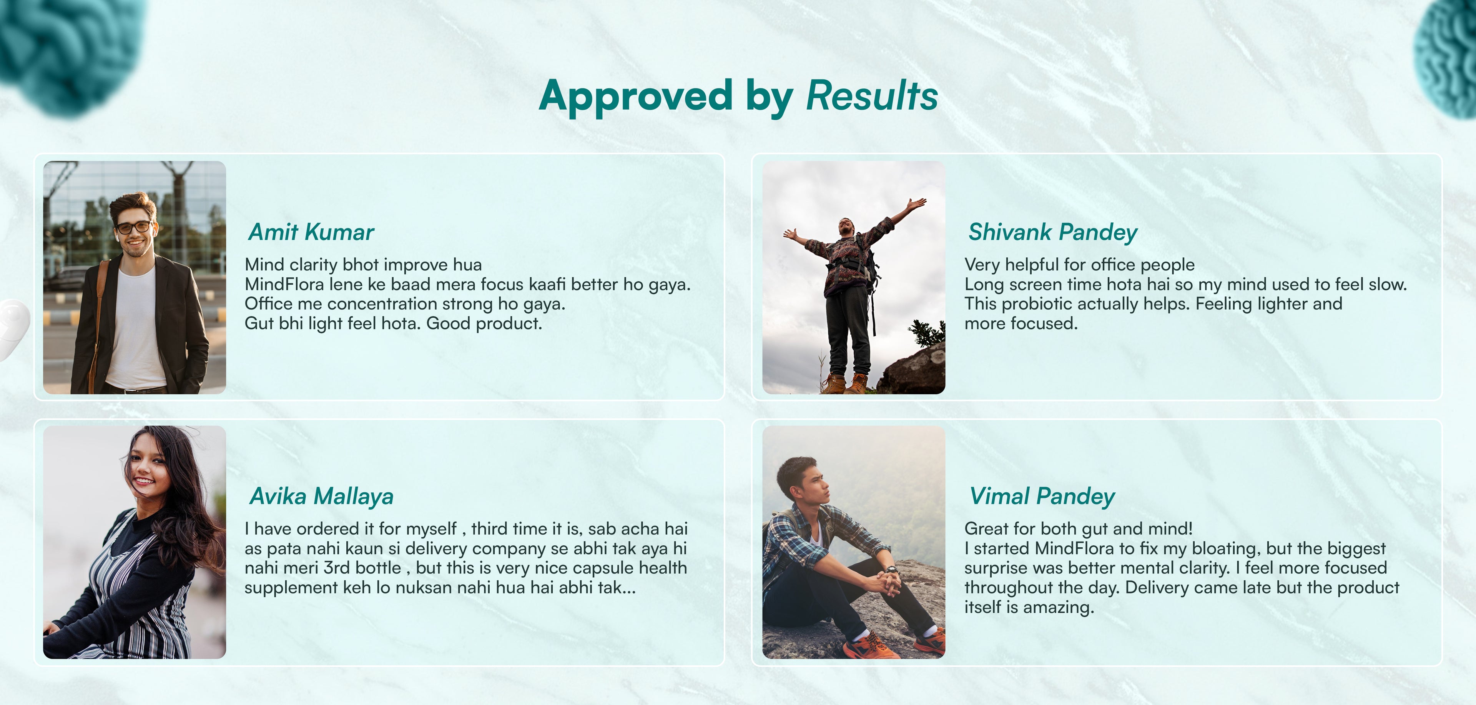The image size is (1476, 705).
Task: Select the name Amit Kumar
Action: click(x=311, y=232)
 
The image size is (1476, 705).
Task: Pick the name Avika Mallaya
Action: click(x=321, y=497)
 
